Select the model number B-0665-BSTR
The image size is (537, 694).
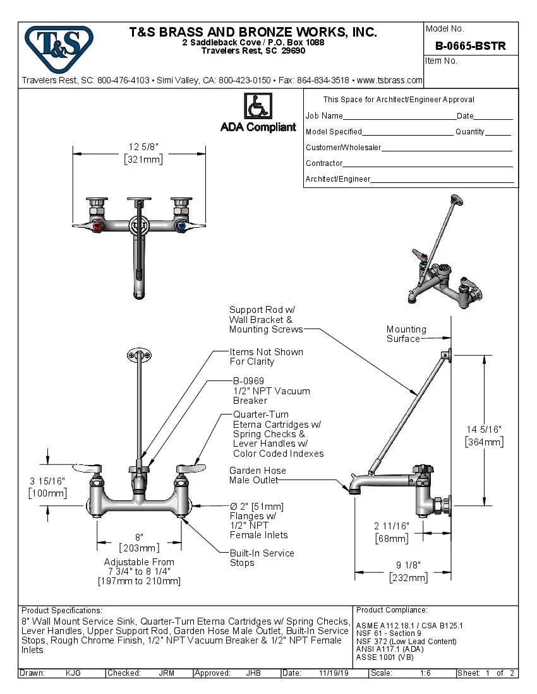click(470, 46)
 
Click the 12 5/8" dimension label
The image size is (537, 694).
click(143, 147)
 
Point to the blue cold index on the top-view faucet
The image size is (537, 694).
click(182, 225)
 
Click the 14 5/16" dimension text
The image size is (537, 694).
click(484, 429)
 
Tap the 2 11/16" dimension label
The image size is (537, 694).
click(391, 526)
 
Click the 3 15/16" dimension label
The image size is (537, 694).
click(47, 481)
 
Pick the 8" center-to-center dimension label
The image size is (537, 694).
click(139, 536)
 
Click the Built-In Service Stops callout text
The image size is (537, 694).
click(262, 558)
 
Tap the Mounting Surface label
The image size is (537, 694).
click(406, 334)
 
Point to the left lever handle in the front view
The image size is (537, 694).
click(88, 468)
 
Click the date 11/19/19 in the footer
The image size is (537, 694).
click(334, 673)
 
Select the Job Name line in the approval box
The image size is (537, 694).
click(379, 116)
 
